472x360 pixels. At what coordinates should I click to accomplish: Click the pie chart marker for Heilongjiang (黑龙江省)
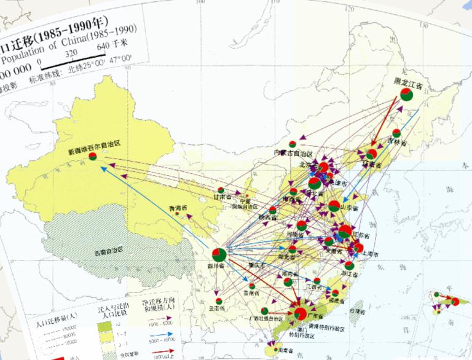[x=406, y=95]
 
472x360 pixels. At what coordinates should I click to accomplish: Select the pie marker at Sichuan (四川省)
[x=219, y=254]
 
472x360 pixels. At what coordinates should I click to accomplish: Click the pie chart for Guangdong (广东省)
[x=300, y=313]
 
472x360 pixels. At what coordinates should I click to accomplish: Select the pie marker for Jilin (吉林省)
[x=396, y=133]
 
